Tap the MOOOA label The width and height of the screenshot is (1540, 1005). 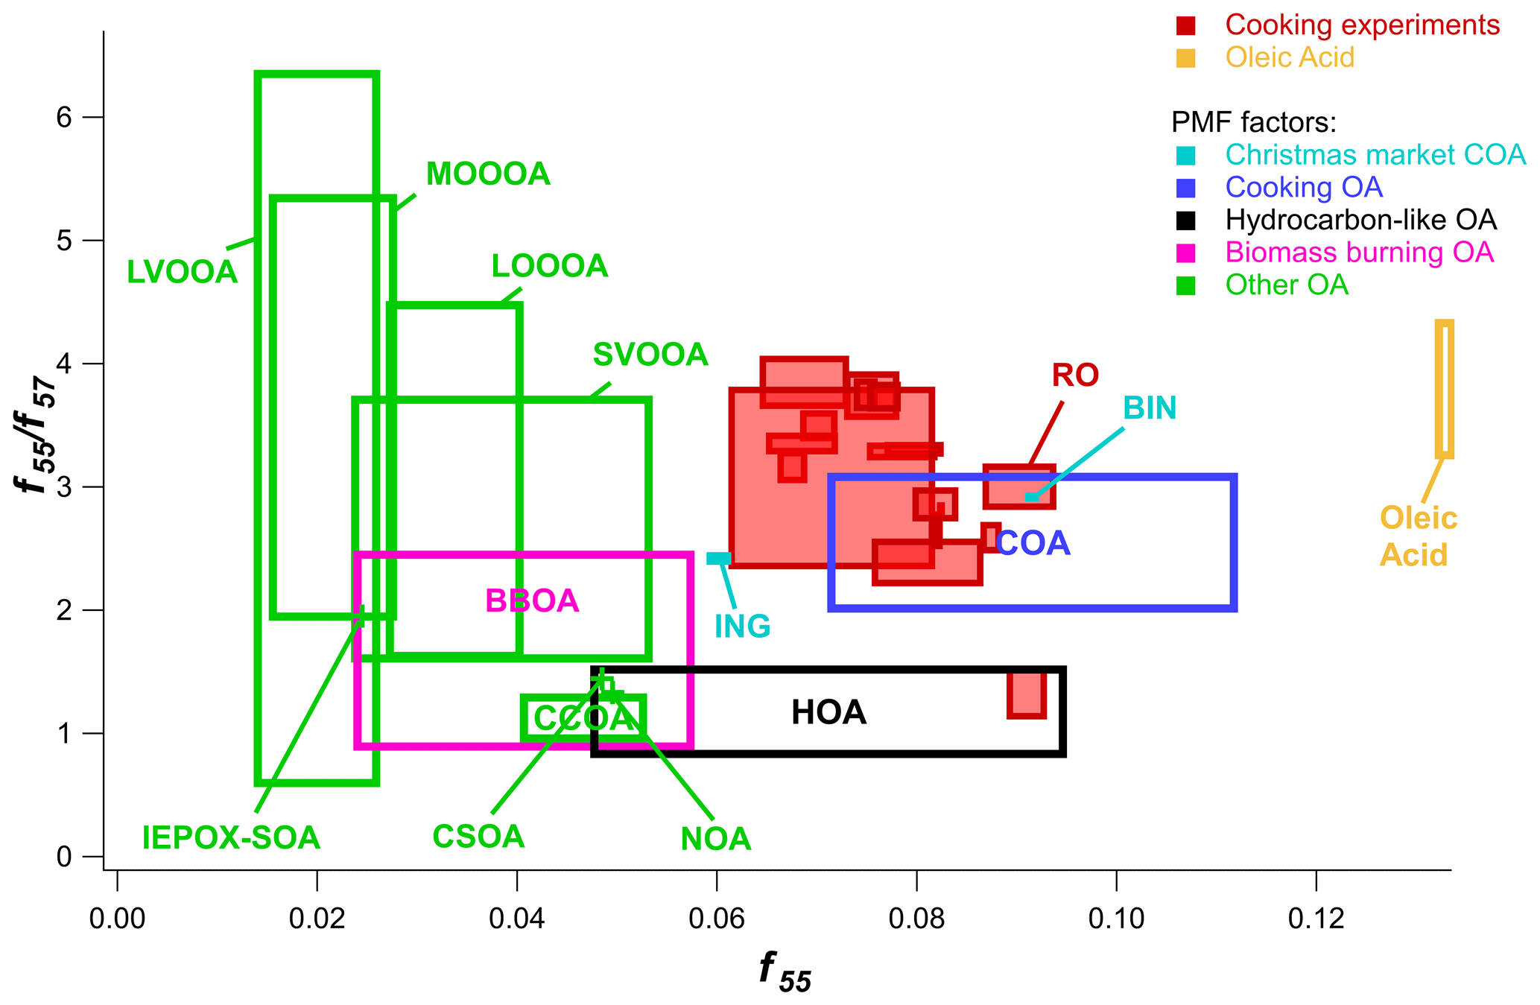pos(488,174)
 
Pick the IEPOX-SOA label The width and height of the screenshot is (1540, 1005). pos(231,838)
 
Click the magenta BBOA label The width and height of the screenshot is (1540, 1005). pos(532,601)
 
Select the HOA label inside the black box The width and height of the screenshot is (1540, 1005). pos(828,713)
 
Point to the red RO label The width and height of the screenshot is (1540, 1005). pos(1075,375)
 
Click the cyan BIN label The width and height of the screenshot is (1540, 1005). pos(1150,408)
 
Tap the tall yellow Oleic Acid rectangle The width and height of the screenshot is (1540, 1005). pos(1444,389)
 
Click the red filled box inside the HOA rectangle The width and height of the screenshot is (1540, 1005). pos(1026,694)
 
